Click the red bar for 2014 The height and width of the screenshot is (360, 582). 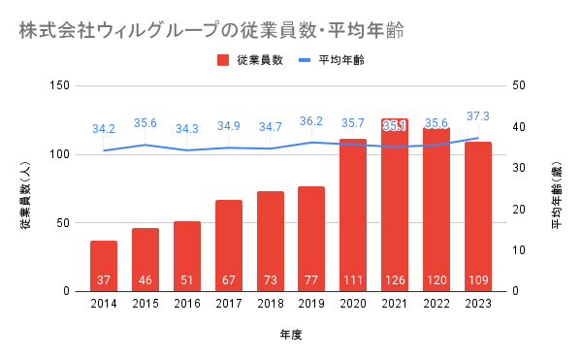coord(104,266)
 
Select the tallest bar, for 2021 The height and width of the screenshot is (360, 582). coord(395,206)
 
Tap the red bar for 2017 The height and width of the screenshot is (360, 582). coord(229,245)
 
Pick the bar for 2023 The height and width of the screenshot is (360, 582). coord(478,216)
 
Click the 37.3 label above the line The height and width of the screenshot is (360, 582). coord(478,116)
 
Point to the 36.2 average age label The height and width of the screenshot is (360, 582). coord(311,121)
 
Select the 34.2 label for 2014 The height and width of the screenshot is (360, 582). coord(104,129)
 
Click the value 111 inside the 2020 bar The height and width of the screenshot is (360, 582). coord(353,279)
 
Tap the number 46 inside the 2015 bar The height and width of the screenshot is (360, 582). coord(145,279)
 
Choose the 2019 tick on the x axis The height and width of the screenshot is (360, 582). coord(311,304)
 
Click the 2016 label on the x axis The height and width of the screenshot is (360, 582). coord(187,304)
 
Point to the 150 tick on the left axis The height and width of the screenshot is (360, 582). coord(60,85)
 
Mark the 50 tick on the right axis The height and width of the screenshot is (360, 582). coord(519,85)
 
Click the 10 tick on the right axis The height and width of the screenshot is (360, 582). coord(519,250)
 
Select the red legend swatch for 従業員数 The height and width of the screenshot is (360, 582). coord(223,60)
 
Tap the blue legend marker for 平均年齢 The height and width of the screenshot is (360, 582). coord(305,60)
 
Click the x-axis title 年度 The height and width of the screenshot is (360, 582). coord(291,335)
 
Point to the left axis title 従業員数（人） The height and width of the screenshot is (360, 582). coord(25,195)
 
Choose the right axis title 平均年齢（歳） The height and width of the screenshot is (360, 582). coord(557,195)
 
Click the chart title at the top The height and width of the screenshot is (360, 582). coord(211,30)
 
